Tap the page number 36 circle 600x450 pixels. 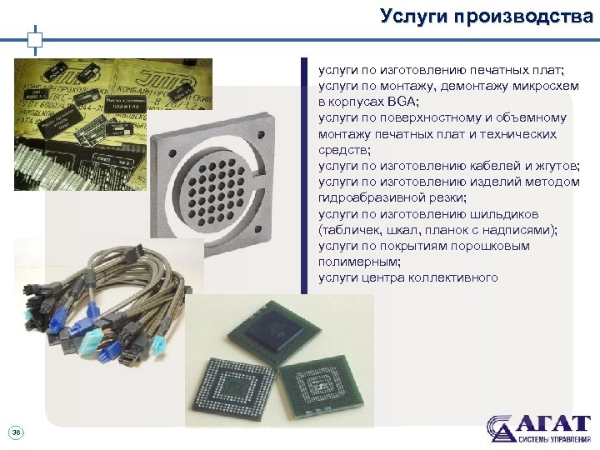click(16, 432)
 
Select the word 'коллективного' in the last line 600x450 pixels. click(453, 277)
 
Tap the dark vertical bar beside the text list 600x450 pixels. click(304, 175)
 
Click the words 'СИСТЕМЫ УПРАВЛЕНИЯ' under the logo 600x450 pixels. click(553, 438)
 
